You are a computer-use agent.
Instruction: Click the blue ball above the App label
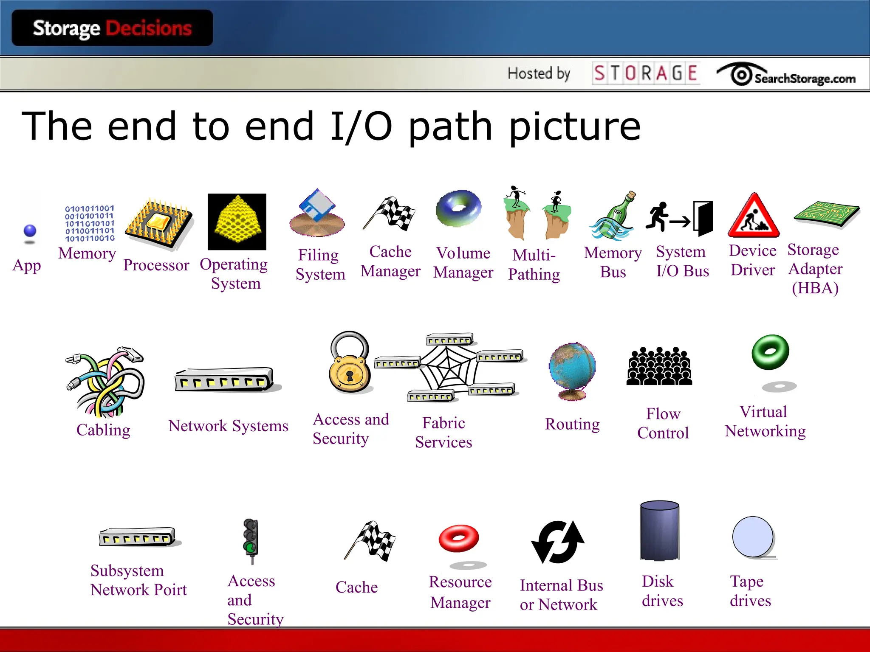click(30, 231)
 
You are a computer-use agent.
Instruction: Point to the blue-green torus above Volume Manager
click(459, 208)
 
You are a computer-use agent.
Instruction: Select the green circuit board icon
click(826, 214)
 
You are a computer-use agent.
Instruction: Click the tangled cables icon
click(105, 382)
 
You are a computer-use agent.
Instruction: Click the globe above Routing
click(572, 369)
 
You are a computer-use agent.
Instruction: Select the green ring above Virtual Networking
click(770, 352)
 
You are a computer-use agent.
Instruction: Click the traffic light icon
click(251, 539)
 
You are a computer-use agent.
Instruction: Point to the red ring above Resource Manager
click(459, 538)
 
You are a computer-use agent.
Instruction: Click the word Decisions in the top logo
click(149, 28)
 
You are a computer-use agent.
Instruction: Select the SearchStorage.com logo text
click(805, 79)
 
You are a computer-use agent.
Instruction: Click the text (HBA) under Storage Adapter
click(815, 288)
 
